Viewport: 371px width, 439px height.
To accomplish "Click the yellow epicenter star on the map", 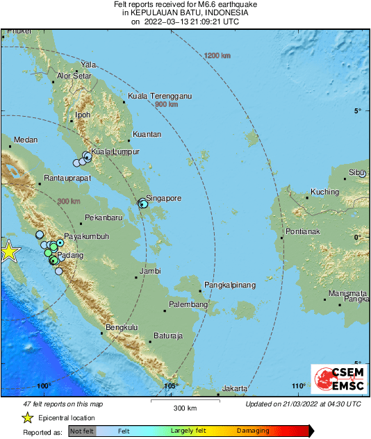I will coord(8,251).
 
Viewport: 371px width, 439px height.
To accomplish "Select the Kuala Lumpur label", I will coord(116,151).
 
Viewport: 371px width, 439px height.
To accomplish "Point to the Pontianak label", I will coord(303,231).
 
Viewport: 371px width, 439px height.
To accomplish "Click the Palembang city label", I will coord(189,305).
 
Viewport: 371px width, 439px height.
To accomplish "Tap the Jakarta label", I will coord(236,389).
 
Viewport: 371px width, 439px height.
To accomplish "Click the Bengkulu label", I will coord(122,327).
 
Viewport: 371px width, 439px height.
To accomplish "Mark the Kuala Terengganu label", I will coord(160,96).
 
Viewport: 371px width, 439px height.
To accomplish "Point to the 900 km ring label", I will coord(166,104).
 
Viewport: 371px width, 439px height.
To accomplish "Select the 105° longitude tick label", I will coord(171,386).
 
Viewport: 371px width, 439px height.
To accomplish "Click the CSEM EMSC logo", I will coord(336,380).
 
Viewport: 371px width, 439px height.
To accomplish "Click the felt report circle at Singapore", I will coord(142,204).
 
